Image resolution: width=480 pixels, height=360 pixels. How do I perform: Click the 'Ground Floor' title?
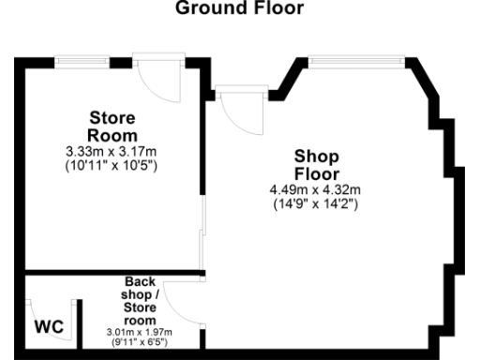[x=239, y=10]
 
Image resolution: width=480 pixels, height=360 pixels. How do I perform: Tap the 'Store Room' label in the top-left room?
[x=112, y=126]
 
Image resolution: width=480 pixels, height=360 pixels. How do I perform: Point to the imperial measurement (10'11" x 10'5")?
[x=112, y=165]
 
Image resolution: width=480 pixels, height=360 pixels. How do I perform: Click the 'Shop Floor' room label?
[x=316, y=164]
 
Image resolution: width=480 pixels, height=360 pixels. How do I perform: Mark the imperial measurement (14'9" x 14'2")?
[x=316, y=203]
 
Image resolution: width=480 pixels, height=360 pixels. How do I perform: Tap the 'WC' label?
[x=49, y=328]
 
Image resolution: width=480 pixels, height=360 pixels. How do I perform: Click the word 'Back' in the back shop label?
[x=139, y=281]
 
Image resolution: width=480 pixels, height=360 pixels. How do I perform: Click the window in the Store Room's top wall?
[x=82, y=62]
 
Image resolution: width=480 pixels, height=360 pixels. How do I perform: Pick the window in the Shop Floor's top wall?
[x=357, y=62]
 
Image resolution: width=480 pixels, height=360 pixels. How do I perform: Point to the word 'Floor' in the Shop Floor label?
[x=316, y=173]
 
